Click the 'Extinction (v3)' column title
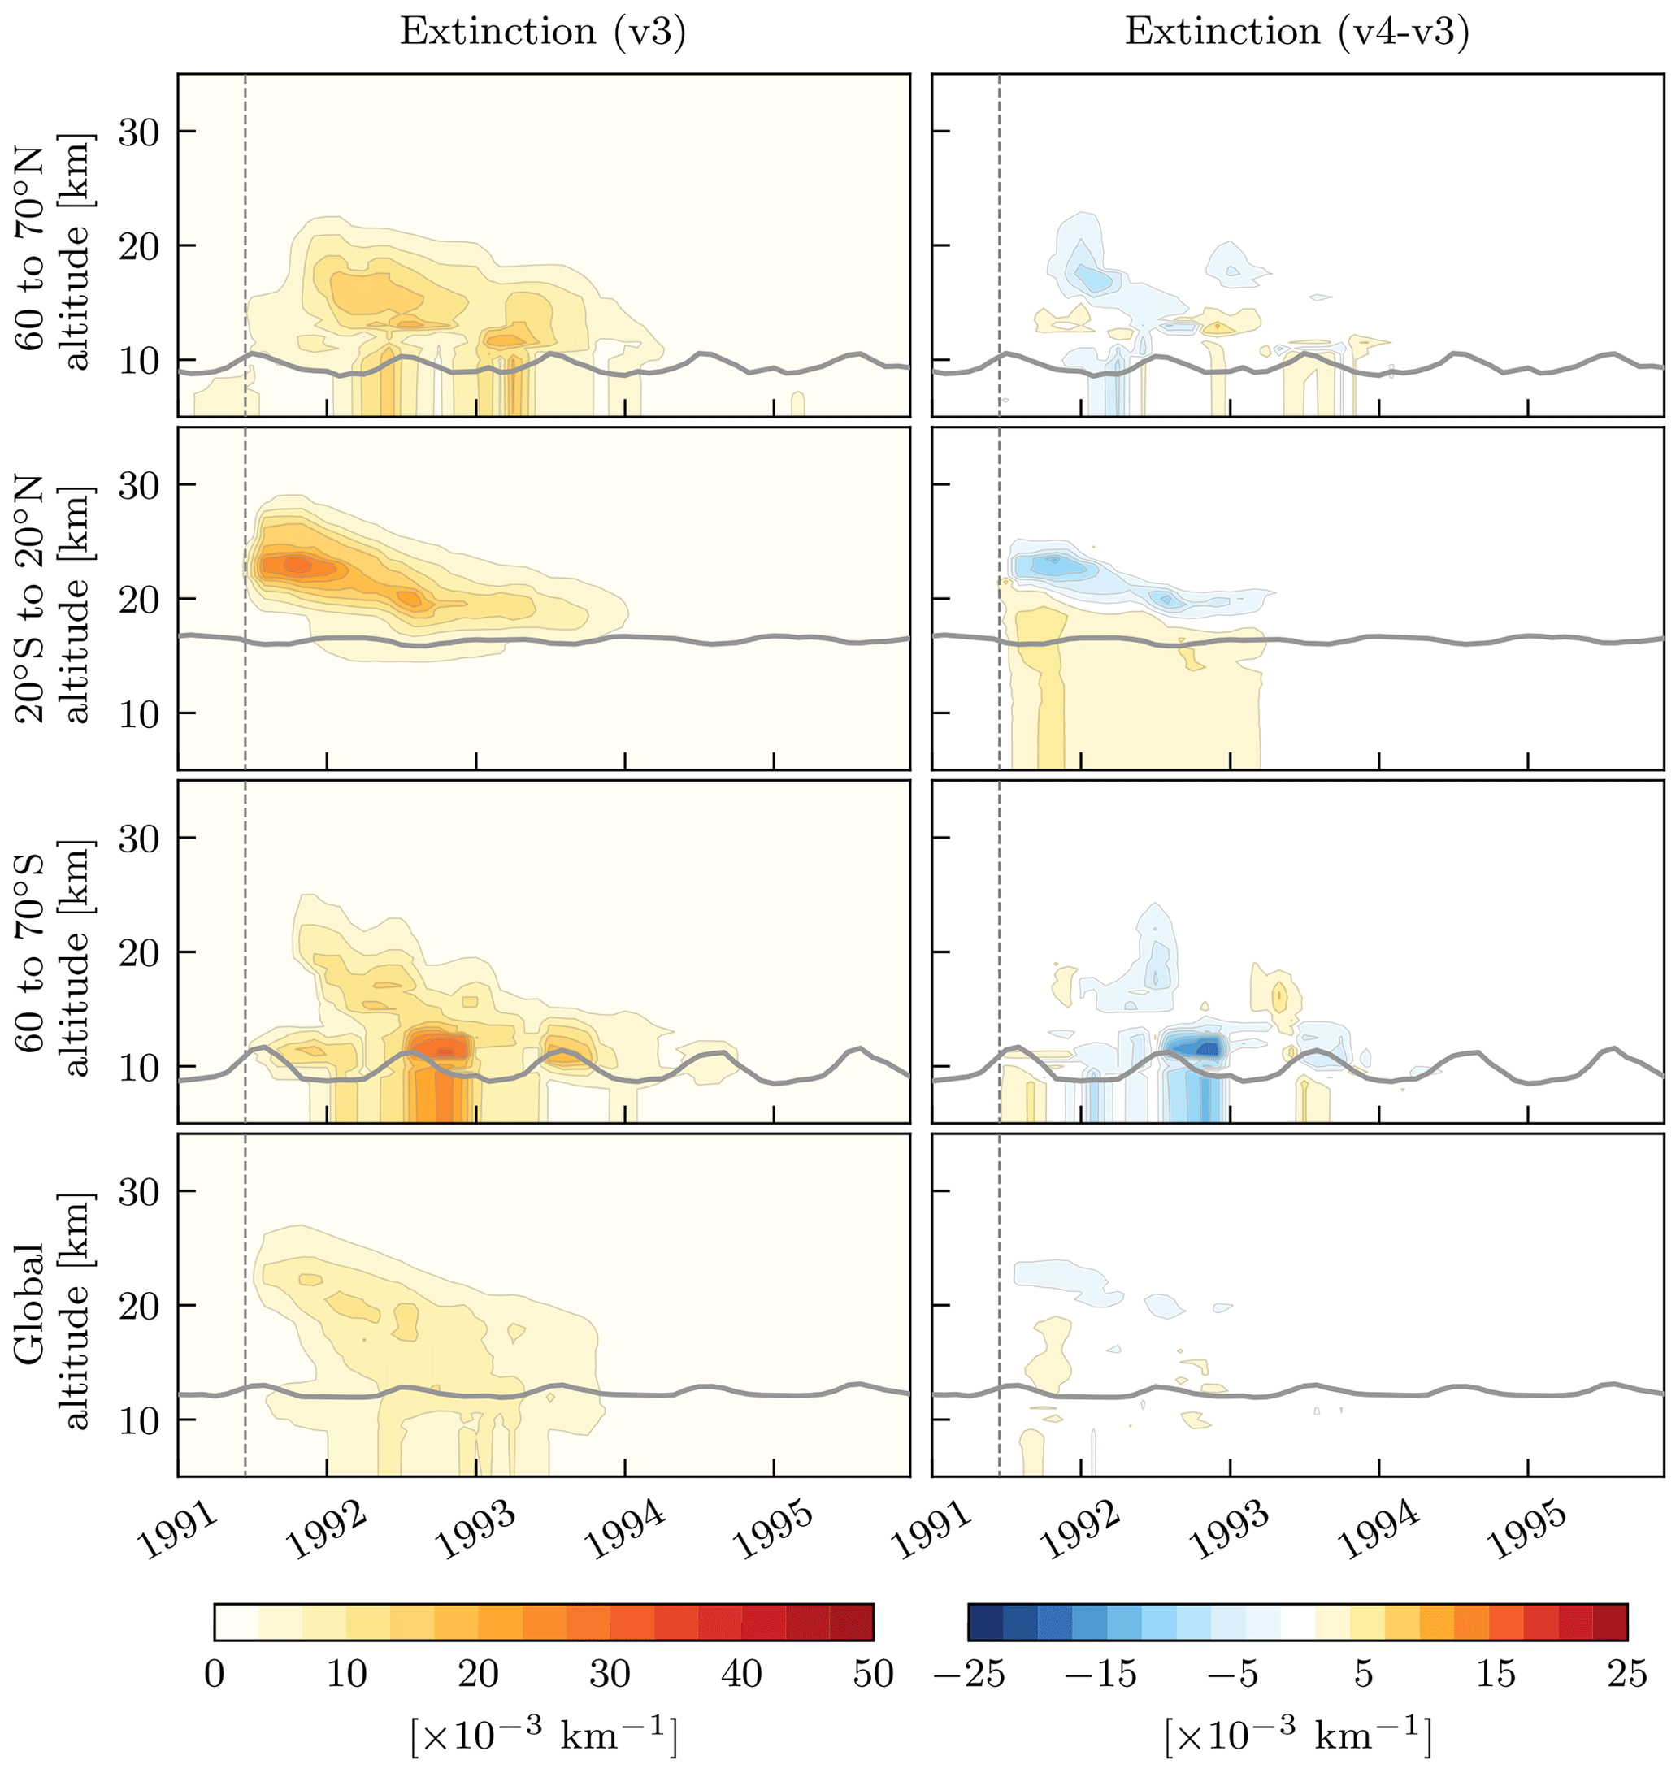click(x=543, y=33)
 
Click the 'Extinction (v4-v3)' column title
click(x=1296, y=33)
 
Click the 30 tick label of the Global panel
click(x=138, y=1192)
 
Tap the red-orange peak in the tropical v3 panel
click(x=296, y=564)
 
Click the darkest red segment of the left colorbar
click(x=851, y=1622)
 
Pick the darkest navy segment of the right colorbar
click(x=986, y=1622)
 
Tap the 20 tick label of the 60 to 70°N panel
click(x=138, y=246)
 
